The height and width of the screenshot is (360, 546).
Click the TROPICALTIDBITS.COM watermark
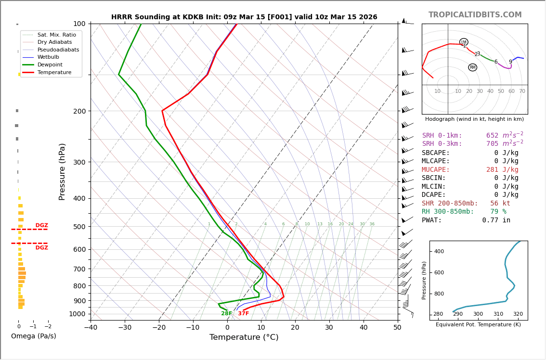point(475,15)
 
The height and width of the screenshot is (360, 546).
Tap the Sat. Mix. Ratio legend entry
point(56,35)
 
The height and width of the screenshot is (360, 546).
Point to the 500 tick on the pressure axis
point(79,227)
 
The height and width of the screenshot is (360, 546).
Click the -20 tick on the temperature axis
point(159,328)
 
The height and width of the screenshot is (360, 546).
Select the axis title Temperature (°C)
point(244,337)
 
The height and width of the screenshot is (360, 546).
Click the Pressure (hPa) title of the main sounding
point(63,171)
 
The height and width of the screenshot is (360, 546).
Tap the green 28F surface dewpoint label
point(226,314)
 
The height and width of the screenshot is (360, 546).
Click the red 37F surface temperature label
point(243,314)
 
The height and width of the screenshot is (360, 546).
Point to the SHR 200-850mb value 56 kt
point(500,204)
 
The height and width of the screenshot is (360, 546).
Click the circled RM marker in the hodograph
point(472,67)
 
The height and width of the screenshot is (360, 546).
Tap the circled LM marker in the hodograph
point(464,42)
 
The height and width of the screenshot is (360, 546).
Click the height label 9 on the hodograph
point(510,62)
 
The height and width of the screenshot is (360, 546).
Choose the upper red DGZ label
point(42,225)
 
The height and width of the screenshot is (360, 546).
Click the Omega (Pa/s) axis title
point(34,336)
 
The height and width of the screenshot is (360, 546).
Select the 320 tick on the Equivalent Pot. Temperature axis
point(518,314)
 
